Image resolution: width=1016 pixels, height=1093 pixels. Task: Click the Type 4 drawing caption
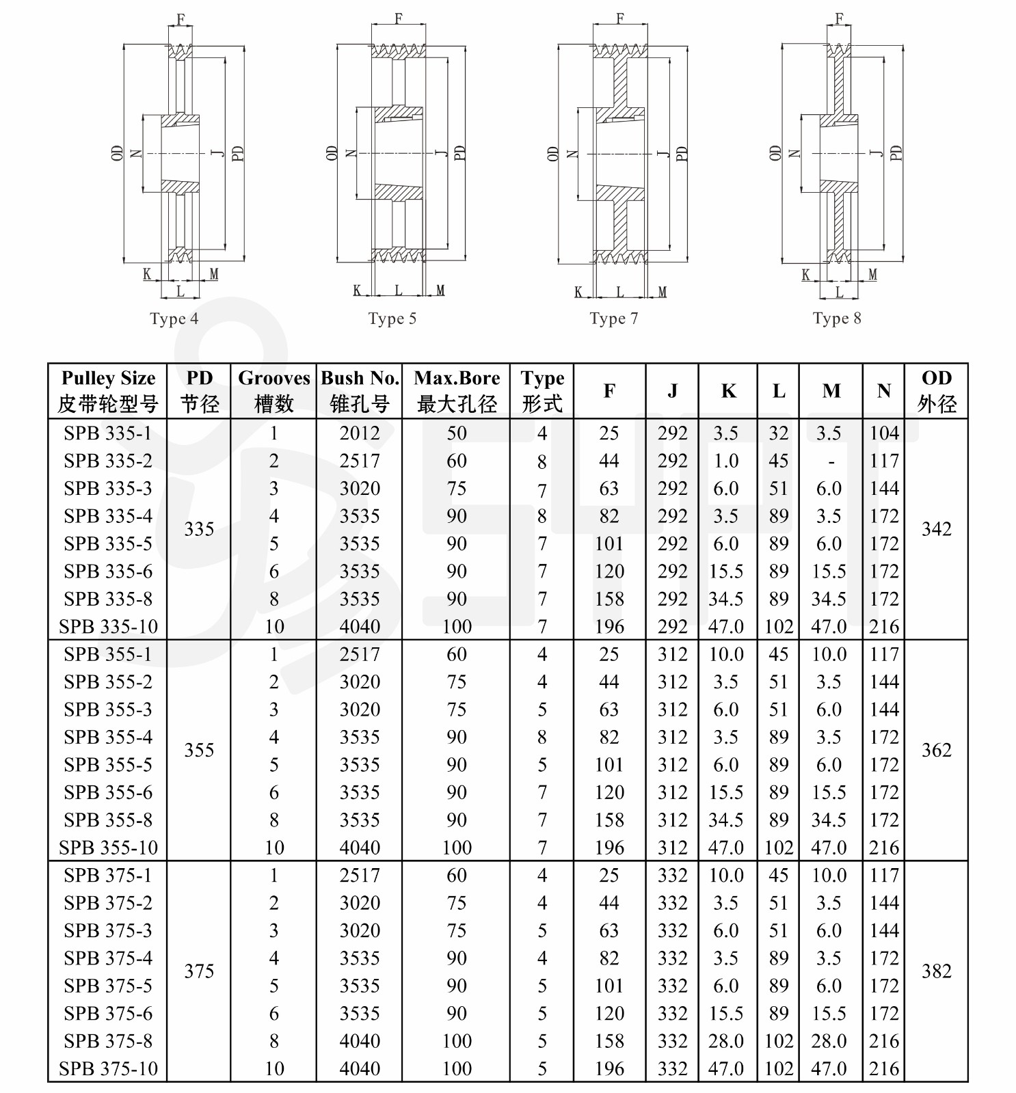tap(174, 319)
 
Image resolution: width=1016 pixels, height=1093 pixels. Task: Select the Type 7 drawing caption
tap(614, 319)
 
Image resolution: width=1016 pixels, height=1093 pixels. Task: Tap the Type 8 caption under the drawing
tap(837, 319)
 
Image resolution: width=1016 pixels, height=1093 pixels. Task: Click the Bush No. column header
tap(360, 390)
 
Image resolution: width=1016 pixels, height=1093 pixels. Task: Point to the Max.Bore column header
tap(457, 390)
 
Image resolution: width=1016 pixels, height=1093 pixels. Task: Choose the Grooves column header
tap(273, 390)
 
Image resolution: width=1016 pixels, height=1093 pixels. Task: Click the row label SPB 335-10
tap(108, 626)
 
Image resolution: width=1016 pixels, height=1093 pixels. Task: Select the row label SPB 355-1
tap(108, 654)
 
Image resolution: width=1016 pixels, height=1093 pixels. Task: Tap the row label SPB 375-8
tap(108, 1041)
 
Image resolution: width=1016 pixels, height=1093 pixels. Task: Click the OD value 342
tap(936, 529)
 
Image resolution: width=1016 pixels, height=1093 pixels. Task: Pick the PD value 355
tap(199, 751)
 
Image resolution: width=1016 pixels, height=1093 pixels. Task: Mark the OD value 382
tap(936, 971)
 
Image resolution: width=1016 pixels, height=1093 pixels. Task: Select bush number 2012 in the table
tap(360, 433)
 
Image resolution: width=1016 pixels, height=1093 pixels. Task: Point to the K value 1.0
tap(726, 461)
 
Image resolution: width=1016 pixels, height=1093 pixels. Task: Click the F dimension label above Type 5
tap(399, 18)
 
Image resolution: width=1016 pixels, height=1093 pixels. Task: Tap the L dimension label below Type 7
tap(620, 292)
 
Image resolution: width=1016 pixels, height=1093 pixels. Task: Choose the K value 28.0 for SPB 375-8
tap(726, 1041)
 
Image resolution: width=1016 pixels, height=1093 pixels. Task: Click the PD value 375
tap(199, 971)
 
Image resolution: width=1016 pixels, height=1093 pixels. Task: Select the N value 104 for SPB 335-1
tap(884, 433)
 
